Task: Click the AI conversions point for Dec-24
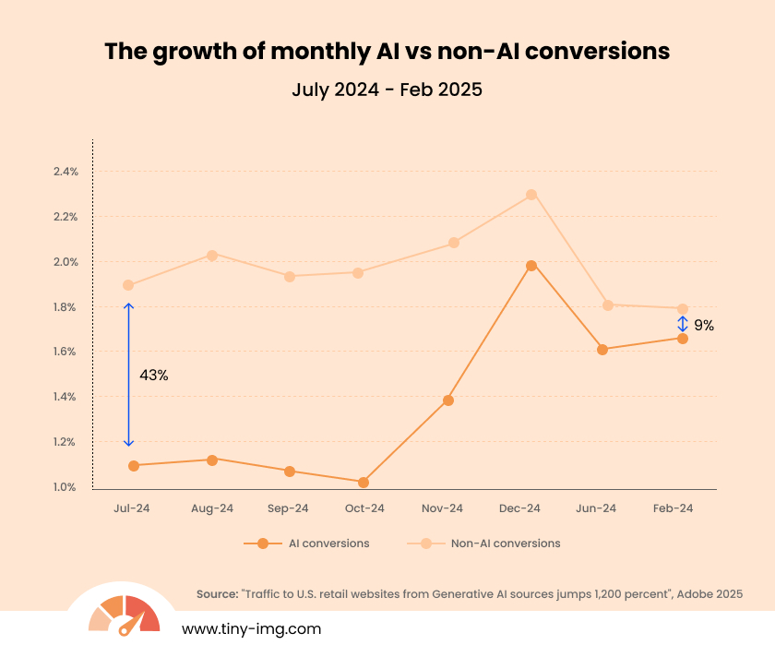531,266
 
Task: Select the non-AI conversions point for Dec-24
531,195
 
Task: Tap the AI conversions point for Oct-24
364,483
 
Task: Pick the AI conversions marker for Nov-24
448,400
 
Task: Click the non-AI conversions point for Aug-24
212,255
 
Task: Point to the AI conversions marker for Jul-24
134,466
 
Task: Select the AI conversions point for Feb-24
683,339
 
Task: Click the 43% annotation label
153,376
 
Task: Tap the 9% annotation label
704,325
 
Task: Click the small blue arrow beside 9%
683,324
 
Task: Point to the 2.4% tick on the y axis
66,172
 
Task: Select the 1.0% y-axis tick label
66,487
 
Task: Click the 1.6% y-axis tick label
66,352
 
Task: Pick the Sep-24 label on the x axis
288,508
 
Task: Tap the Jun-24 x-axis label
596,508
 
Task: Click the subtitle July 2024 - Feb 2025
387,90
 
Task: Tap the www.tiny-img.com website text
251,628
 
